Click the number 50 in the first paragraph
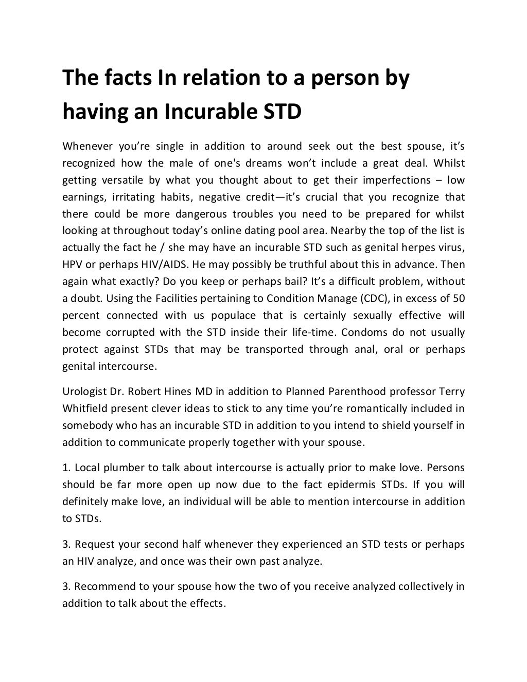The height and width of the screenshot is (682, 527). coord(459,298)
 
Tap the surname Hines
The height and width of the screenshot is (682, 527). coord(179,391)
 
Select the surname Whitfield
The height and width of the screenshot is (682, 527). coord(85,408)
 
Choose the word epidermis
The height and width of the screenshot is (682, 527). coord(347,484)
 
